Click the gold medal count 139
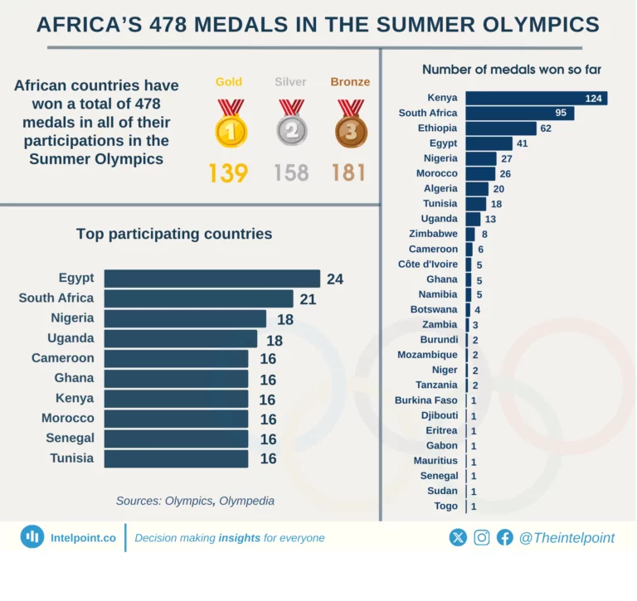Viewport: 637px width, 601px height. click(x=228, y=173)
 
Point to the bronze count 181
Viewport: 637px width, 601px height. click(x=348, y=173)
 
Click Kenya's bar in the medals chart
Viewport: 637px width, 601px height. click(x=536, y=98)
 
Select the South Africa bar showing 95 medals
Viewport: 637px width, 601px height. click(x=519, y=114)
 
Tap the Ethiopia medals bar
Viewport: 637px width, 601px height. click(x=501, y=128)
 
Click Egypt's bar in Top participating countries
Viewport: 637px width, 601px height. click(x=212, y=279)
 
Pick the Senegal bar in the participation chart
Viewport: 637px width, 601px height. click(x=176, y=439)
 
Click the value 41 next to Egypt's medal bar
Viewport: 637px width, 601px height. click(x=522, y=143)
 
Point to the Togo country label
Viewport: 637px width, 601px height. click(x=445, y=506)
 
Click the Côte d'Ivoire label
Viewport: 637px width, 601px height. click(x=428, y=264)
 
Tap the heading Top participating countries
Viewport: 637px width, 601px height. click(x=174, y=235)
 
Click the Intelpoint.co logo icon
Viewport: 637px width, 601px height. click(x=32, y=537)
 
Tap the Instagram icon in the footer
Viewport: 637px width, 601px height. click(x=482, y=538)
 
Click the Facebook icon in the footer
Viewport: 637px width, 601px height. click(x=505, y=538)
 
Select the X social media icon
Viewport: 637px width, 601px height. click(x=458, y=538)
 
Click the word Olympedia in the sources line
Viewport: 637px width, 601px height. click(x=246, y=502)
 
